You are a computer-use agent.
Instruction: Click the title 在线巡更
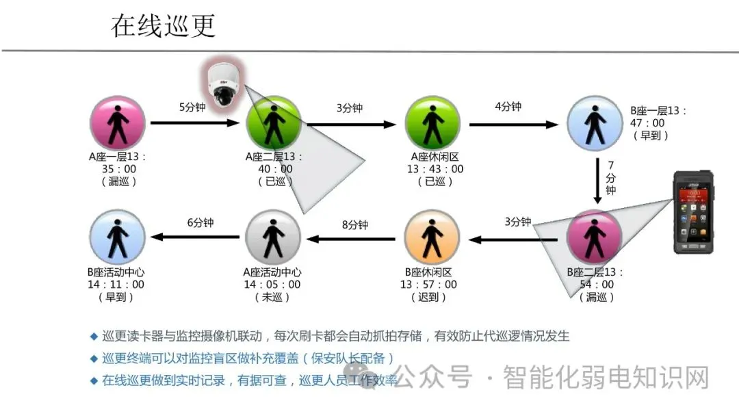coord(164,25)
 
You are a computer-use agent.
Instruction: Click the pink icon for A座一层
coord(118,123)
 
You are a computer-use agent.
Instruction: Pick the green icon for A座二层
coord(274,123)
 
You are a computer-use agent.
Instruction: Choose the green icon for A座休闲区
coord(432,123)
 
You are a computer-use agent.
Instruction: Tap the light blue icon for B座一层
coord(596,123)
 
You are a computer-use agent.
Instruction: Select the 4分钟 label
coord(508,106)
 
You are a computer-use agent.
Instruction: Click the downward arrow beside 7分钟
coord(597,181)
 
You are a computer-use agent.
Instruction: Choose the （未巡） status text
coord(274,297)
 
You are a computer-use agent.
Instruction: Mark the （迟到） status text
coord(431,297)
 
